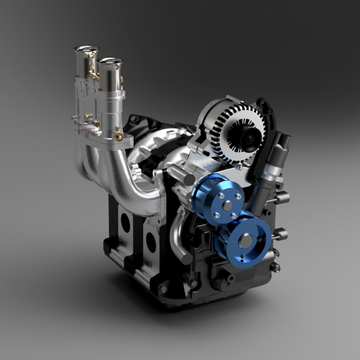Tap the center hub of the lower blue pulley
[x=247, y=241]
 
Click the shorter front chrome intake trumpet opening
[x=110, y=62]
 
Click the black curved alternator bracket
[x=266, y=119]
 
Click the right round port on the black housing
[x=150, y=241]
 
